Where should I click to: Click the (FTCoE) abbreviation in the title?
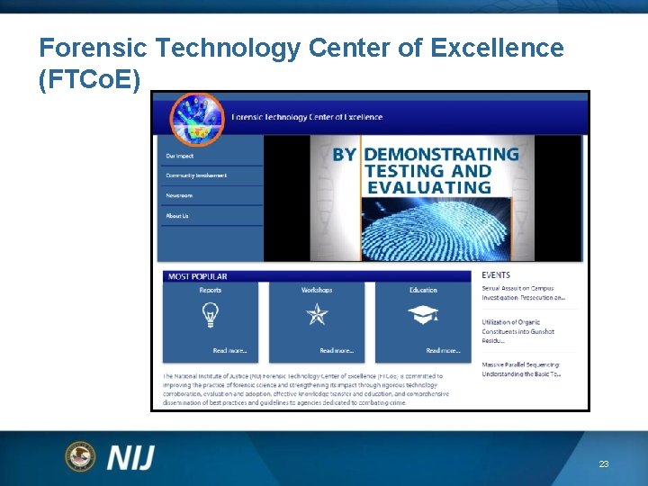90,80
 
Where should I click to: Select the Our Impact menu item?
179,156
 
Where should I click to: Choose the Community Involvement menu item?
196,175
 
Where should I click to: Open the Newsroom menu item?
179,195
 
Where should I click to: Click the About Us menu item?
177,216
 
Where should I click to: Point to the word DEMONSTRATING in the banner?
441,154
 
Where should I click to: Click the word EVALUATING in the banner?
427,187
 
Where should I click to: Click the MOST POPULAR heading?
197,276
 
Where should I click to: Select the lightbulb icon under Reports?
211,315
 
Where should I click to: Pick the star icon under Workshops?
317,315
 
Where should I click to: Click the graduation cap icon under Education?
423,315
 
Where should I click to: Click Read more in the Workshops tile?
336,350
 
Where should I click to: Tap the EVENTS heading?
496,275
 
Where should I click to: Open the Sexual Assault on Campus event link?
523,292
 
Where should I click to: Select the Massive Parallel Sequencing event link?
521,369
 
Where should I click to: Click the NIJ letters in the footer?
131,457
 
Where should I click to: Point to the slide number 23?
604,464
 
